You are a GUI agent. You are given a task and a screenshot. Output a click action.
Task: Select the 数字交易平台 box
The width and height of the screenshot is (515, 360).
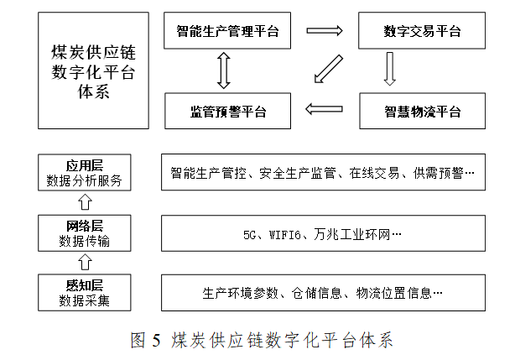click(x=422, y=32)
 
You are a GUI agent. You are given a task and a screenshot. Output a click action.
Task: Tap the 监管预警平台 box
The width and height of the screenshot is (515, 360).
click(x=227, y=111)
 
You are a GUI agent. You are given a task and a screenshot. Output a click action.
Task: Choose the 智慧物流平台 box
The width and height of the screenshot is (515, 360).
click(x=422, y=111)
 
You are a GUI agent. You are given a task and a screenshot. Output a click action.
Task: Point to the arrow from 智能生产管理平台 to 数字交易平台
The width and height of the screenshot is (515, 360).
click(x=324, y=32)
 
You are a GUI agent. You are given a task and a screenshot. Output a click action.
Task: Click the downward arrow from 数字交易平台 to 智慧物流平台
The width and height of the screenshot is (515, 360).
click(x=389, y=70)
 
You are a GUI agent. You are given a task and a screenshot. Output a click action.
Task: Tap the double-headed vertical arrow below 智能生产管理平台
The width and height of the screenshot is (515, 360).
click(x=222, y=70)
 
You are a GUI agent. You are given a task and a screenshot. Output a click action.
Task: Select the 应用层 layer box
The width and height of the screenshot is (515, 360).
click(x=83, y=173)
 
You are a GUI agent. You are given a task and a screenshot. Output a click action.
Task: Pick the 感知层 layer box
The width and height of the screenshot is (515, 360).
click(x=83, y=292)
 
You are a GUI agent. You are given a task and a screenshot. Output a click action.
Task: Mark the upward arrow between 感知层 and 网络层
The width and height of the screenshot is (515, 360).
click(x=83, y=263)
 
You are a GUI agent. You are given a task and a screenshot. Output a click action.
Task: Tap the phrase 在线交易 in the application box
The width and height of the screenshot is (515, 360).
click(x=372, y=174)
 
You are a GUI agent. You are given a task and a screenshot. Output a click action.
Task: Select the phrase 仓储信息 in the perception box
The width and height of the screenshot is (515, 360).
click(x=317, y=293)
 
